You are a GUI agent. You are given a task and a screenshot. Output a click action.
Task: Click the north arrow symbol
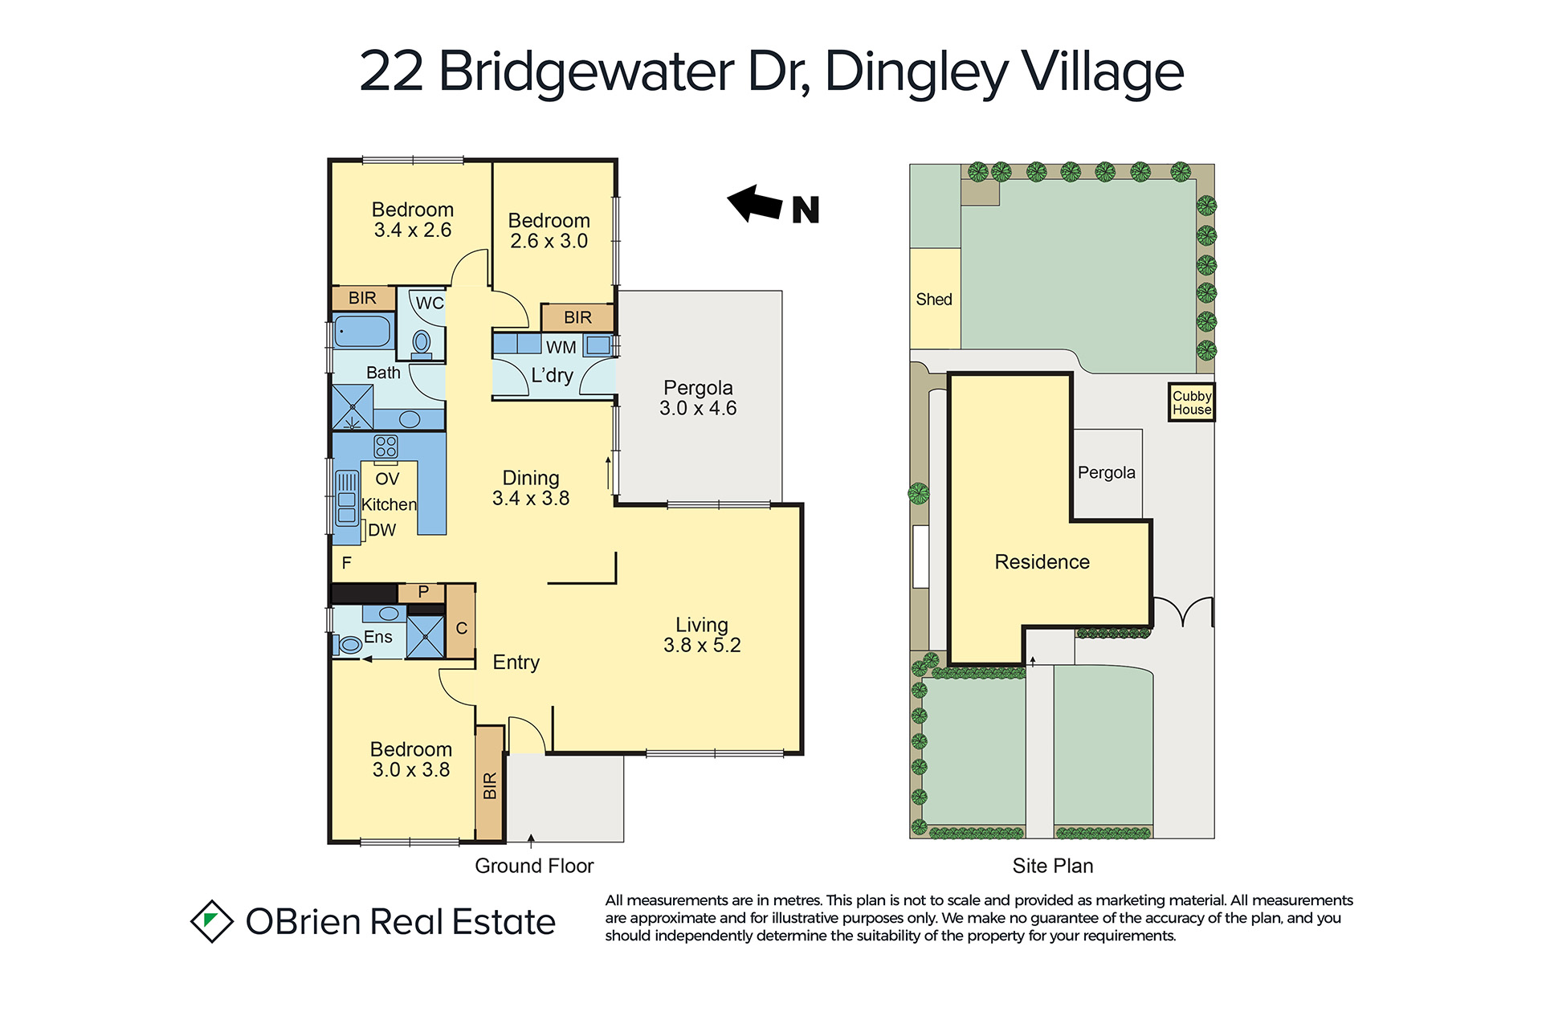pyautogui.click(x=756, y=204)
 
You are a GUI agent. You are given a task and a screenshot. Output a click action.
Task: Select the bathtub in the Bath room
pyautogui.click(x=362, y=331)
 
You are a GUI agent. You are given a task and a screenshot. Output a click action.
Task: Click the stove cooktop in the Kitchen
pyautogui.click(x=385, y=447)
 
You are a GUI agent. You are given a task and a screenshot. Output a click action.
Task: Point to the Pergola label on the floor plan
pyautogui.click(x=698, y=398)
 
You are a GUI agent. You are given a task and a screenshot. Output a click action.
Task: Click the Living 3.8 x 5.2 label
pyautogui.click(x=702, y=634)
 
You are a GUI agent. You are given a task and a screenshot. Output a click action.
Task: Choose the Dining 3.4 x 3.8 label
pyautogui.click(x=531, y=487)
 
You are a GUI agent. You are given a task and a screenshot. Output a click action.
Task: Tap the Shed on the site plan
pyautogui.click(x=935, y=299)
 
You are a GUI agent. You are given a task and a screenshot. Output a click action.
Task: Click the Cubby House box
pyautogui.click(x=1191, y=402)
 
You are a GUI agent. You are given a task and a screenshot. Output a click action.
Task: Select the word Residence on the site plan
pyautogui.click(x=1042, y=561)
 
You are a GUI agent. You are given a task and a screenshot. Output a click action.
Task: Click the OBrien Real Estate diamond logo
pyautogui.click(x=212, y=920)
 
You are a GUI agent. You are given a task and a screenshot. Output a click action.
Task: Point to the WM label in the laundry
pyautogui.click(x=561, y=347)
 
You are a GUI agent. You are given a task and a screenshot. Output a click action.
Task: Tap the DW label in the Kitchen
pyautogui.click(x=381, y=530)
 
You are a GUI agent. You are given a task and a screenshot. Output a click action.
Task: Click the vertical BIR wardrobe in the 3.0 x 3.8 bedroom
pyautogui.click(x=490, y=783)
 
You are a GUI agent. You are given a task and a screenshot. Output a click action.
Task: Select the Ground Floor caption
pyautogui.click(x=534, y=866)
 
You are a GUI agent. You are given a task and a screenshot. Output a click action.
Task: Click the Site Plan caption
pyautogui.click(x=1053, y=866)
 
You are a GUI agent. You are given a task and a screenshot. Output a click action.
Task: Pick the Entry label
pyautogui.click(x=516, y=663)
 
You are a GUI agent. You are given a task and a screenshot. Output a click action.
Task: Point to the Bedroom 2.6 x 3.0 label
pyautogui.click(x=549, y=230)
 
